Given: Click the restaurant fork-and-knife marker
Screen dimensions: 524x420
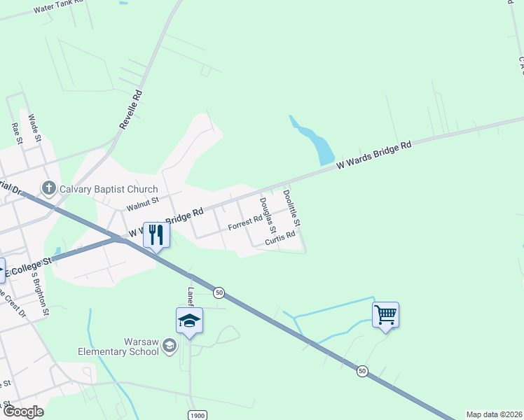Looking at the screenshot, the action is point(156,234).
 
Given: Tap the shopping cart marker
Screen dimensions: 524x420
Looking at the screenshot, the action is point(385,315).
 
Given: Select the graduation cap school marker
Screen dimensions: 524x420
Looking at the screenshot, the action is point(189,322).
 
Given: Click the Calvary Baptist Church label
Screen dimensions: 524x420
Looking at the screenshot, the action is point(109,189).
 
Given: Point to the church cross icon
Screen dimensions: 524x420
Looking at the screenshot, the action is point(48,188).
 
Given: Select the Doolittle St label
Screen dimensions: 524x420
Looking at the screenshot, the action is point(292,208).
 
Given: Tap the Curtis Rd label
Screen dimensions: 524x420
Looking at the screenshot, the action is point(280,240).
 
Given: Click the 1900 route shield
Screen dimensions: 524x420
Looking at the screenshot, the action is point(198,415).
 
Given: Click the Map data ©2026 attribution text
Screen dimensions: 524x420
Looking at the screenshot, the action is point(495,414).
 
